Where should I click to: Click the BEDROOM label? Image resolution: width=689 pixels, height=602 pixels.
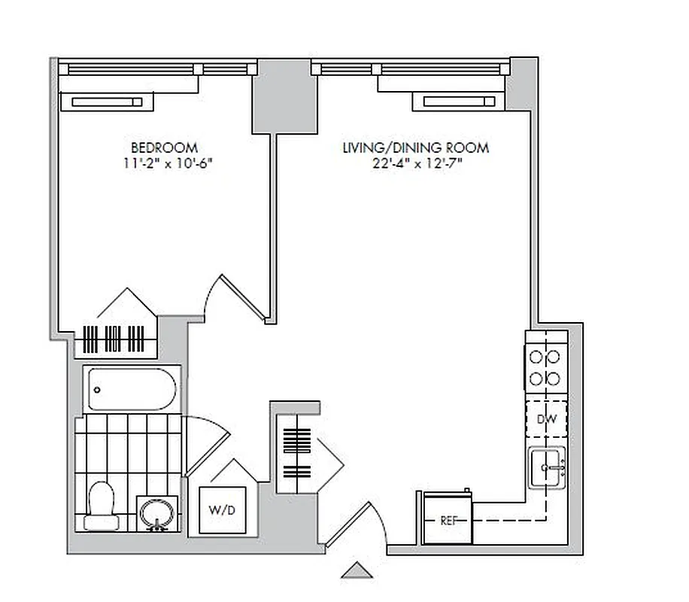point(164,147)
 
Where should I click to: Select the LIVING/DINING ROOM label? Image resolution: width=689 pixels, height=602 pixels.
point(415,147)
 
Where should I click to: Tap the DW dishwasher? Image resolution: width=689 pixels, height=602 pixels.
point(547,419)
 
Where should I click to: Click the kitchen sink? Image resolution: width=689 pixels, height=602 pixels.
point(547,468)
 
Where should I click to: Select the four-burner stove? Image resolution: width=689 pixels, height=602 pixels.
point(546,366)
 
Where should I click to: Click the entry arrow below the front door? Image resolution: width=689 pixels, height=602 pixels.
point(358,570)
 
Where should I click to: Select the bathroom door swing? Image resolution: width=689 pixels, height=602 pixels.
point(205,444)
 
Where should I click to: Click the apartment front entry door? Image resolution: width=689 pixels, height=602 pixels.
point(351,526)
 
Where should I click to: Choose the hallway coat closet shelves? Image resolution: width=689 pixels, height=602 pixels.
point(298,452)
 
